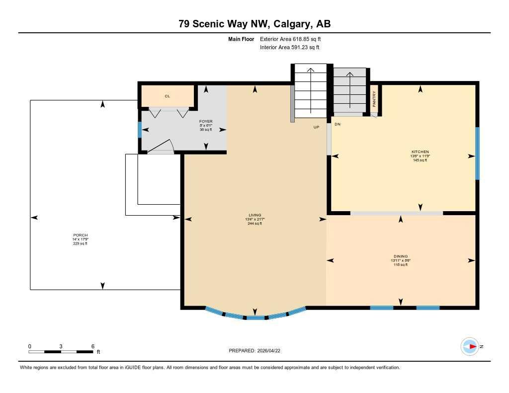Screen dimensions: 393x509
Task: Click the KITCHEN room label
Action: [420, 152]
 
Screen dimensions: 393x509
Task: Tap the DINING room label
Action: [400, 256]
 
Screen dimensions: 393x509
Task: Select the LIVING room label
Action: [254, 215]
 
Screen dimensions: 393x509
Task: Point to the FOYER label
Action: [206, 121]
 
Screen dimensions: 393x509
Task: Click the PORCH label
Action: [80, 235]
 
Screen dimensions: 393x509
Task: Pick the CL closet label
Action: [168, 96]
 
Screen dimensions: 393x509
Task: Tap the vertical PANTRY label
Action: [374, 98]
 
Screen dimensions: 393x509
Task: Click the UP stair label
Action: [316, 127]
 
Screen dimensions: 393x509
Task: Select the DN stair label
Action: [337, 124]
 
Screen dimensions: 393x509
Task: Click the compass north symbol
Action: [469, 346]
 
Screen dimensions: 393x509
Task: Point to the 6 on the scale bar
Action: [92, 346]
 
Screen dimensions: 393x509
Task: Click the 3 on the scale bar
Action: [61, 346]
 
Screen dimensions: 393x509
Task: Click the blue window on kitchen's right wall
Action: [477, 153]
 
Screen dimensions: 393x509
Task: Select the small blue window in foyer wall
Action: [140, 130]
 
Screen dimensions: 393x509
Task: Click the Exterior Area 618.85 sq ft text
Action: [294, 39]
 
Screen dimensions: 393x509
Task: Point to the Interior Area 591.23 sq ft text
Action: [289, 48]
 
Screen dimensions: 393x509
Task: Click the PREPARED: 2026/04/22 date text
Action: [257, 351]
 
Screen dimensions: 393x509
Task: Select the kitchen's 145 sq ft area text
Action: [420, 160]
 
